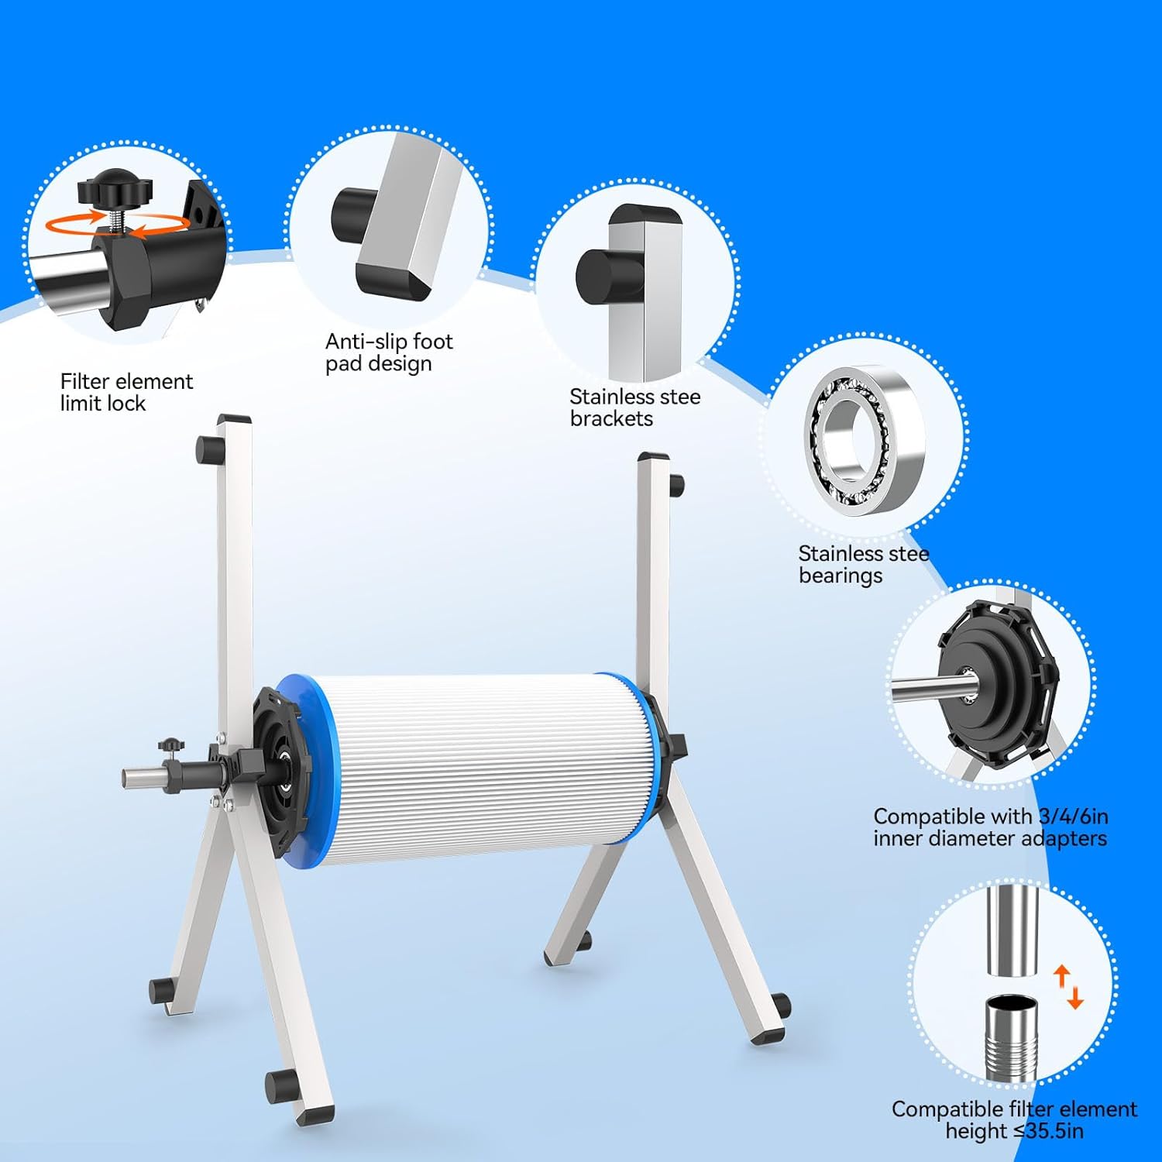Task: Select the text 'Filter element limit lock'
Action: click(126, 392)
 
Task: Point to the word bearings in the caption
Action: click(840, 576)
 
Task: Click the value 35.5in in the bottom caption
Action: click(1054, 1131)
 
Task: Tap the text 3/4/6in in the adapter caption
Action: click(1073, 816)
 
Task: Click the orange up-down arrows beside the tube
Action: click(1068, 986)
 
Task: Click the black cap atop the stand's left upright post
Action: click(234, 419)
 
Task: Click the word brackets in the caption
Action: click(611, 419)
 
